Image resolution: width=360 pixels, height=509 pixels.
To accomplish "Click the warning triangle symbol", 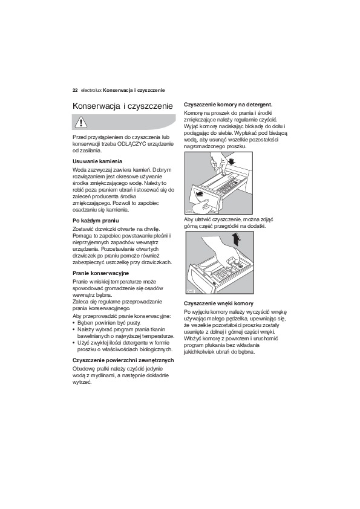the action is (79, 122).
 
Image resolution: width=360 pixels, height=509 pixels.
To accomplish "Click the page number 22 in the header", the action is (75, 90).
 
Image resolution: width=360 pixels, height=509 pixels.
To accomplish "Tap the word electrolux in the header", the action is (91, 90).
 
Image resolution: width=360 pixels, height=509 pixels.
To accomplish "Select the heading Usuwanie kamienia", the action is (97, 161).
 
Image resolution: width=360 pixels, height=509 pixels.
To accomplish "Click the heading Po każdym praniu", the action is (96, 221).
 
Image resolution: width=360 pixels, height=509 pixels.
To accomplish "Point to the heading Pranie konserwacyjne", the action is (100, 273).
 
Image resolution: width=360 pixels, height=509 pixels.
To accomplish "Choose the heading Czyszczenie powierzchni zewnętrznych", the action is (123, 360).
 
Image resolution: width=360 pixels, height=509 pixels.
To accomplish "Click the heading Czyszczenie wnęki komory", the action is (218, 303).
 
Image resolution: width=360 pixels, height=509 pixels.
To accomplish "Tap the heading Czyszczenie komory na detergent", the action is (228, 105).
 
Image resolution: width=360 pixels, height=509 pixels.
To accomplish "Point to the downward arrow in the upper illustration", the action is (232, 161).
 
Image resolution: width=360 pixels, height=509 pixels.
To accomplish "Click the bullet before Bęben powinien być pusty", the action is (74, 323).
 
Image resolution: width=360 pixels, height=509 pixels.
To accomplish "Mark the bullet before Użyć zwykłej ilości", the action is (74, 343).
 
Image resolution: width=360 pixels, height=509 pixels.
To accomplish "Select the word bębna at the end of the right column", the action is (247, 352).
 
